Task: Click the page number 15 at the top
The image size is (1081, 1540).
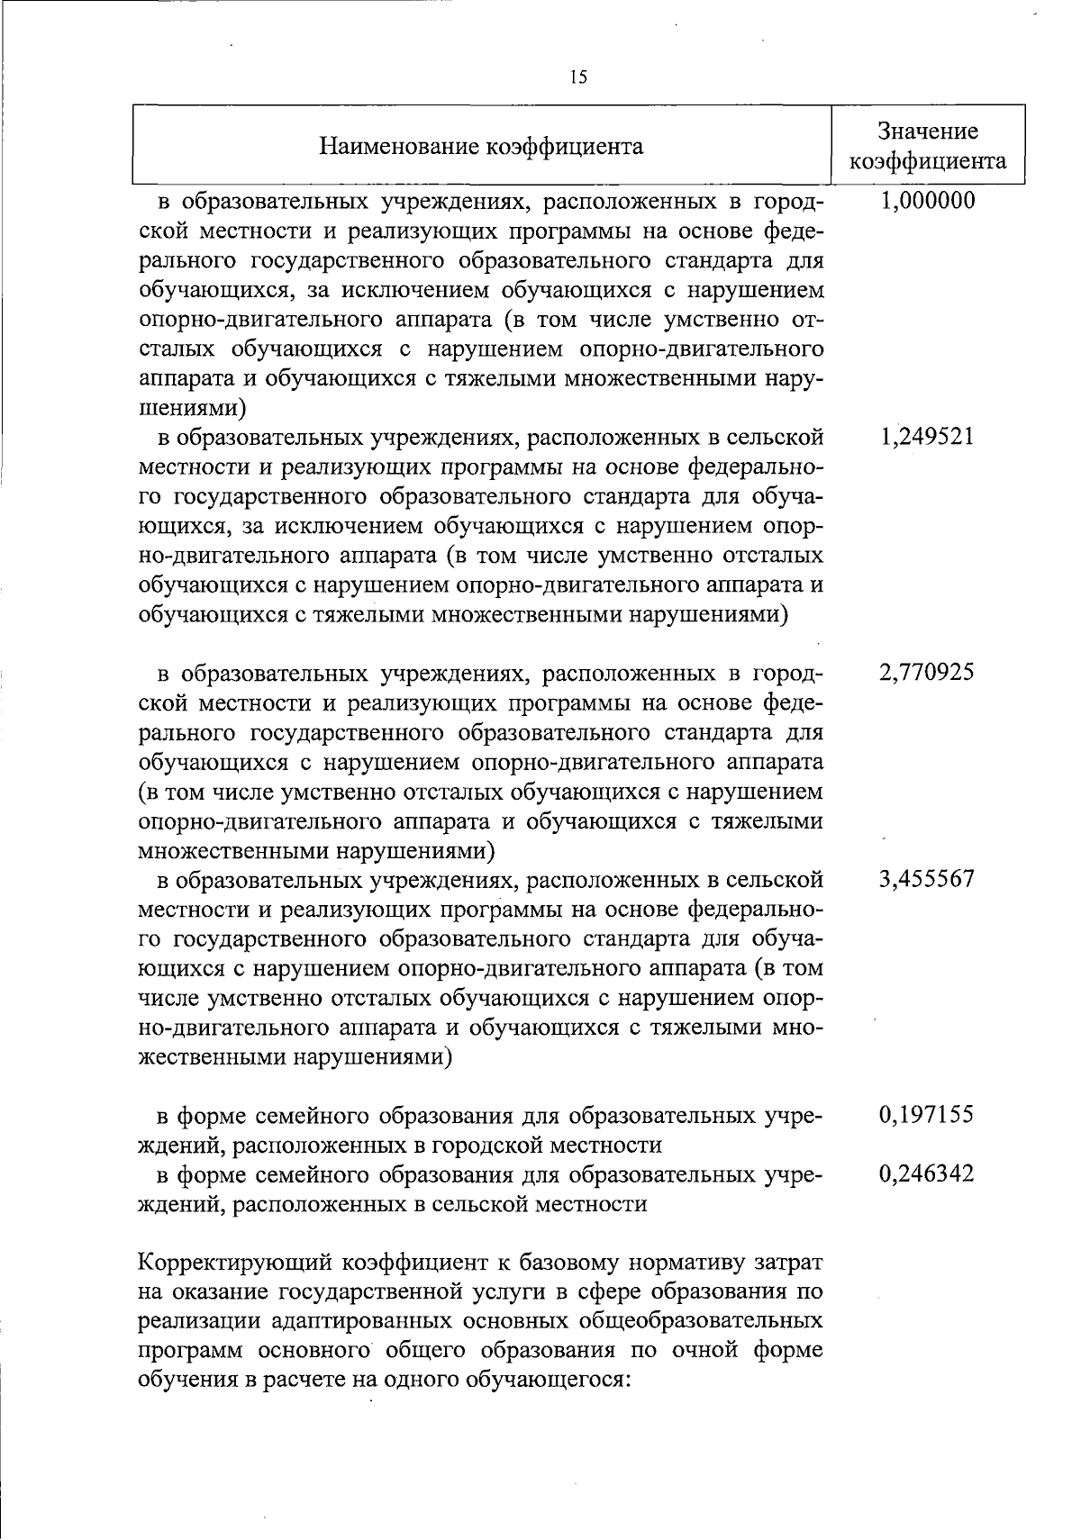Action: pos(578,77)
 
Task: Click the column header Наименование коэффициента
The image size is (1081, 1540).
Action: pos(483,146)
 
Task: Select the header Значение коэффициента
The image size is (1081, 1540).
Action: pos(928,146)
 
